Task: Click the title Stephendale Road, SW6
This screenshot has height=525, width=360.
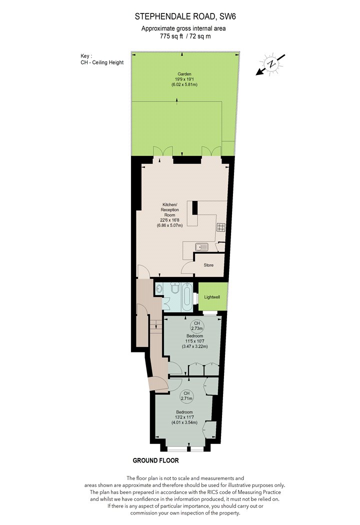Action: point(183,16)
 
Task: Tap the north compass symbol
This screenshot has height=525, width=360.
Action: point(271,63)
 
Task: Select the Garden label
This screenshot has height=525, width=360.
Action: point(184,74)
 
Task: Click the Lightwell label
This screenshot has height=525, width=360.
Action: point(212,297)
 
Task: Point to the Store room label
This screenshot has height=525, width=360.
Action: point(208,265)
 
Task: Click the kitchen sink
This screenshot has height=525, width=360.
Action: point(202,247)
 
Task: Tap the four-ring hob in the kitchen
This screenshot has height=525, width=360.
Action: point(220,227)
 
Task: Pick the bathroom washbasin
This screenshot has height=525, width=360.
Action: point(158,288)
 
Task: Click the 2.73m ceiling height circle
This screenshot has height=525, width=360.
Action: point(196,326)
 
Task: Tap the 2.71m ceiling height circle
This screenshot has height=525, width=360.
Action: point(186,396)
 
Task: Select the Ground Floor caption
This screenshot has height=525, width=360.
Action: point(155,460)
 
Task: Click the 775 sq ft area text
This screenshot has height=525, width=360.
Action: point(171,36)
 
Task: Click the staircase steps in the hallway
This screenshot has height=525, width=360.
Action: point(155,324)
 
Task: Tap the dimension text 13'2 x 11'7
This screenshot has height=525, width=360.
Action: point(184,417)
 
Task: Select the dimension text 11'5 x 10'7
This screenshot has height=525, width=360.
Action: point(194,341)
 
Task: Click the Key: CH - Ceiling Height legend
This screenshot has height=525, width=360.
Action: point(102,59)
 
